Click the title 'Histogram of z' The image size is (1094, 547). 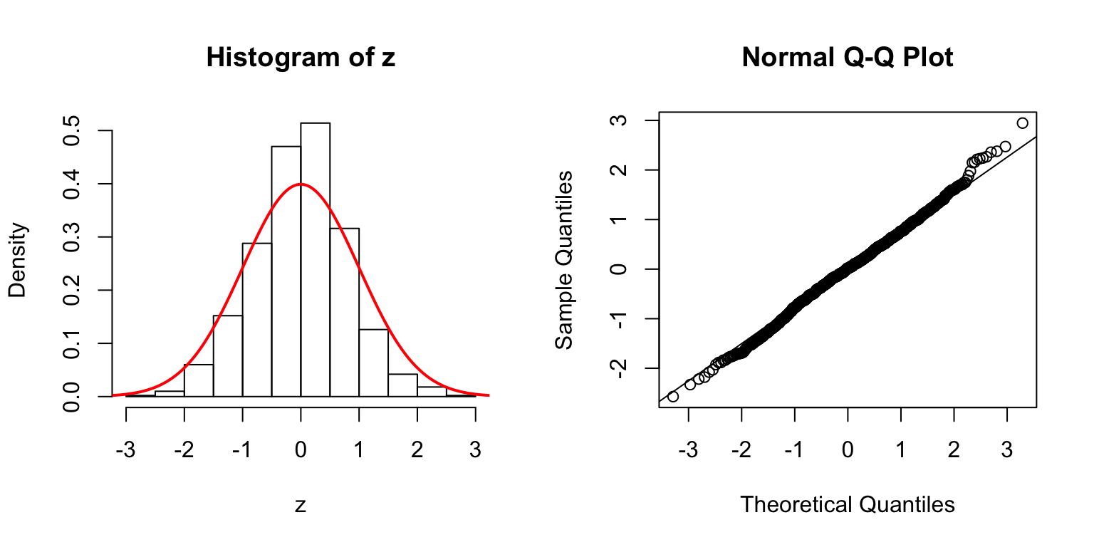300,58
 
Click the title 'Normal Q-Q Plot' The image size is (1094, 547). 847,58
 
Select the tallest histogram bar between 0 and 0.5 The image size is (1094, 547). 315,260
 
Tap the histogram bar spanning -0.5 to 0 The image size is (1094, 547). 286,271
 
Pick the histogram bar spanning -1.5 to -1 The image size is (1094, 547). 227,355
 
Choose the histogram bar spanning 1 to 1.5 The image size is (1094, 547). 373,363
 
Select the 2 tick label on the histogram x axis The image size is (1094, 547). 417,450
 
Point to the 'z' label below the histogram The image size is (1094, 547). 301,505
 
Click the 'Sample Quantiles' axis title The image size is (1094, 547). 564,260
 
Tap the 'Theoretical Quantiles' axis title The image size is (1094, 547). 847,505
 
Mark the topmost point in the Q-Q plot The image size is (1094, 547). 1022,123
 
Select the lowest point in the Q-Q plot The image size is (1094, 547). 672,396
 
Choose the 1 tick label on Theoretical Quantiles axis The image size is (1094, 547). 901,450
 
